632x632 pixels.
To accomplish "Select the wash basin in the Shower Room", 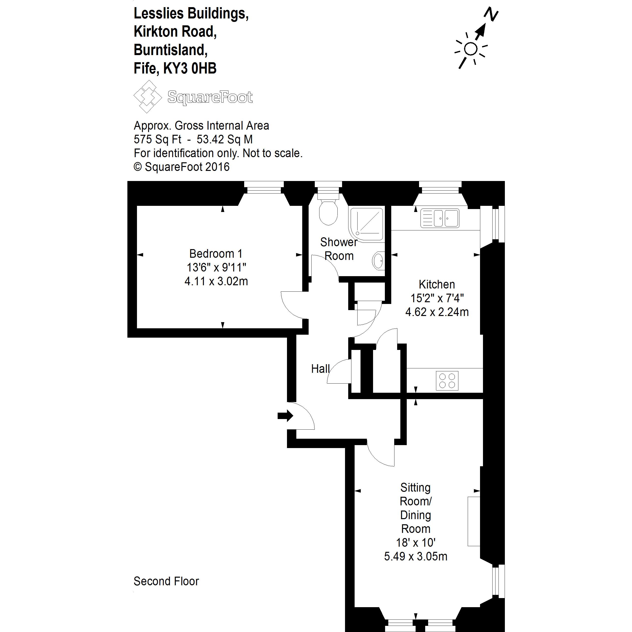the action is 378,260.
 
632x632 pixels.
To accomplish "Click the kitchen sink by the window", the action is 440,218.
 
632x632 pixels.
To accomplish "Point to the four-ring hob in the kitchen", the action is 447,380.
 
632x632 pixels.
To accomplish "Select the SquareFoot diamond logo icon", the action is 148,96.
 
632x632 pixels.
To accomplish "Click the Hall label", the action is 320,369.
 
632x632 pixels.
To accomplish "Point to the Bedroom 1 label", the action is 216,254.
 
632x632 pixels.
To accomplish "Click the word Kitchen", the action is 437,284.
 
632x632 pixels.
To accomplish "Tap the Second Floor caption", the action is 166,581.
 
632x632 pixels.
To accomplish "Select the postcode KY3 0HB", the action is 190,68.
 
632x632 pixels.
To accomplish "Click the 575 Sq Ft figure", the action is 157,139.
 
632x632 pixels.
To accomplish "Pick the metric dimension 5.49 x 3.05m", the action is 415,556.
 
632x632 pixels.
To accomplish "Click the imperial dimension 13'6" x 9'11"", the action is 216,267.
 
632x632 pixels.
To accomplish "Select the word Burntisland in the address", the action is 170,50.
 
